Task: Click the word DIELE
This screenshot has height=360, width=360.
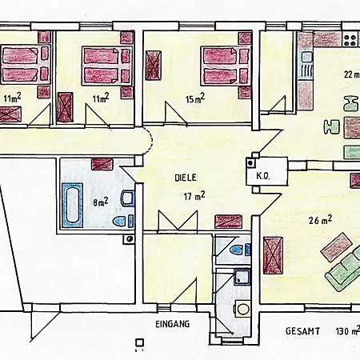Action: pos(186,178)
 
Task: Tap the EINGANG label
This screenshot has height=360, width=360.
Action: pos(173,324)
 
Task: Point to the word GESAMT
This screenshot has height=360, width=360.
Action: pos(302,331)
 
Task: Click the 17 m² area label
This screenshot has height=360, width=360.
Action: pos(194,196)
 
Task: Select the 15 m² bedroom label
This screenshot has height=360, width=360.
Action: pos(195,98)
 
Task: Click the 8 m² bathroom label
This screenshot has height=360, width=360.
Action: pos(100,202)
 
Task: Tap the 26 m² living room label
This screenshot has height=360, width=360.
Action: pos(320,220)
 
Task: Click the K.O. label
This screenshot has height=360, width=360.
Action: pos(263,176)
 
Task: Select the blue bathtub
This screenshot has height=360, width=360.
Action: pos(72,206)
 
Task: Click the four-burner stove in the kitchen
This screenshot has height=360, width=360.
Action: pos(350,40)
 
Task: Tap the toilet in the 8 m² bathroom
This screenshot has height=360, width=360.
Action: pos(122,221)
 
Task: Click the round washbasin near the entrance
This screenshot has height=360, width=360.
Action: pos(242,310)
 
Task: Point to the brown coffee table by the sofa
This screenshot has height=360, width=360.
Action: pos(337,247)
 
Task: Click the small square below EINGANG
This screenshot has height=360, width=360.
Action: pos(140,342)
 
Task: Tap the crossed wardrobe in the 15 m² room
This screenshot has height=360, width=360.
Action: pos(154,66)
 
